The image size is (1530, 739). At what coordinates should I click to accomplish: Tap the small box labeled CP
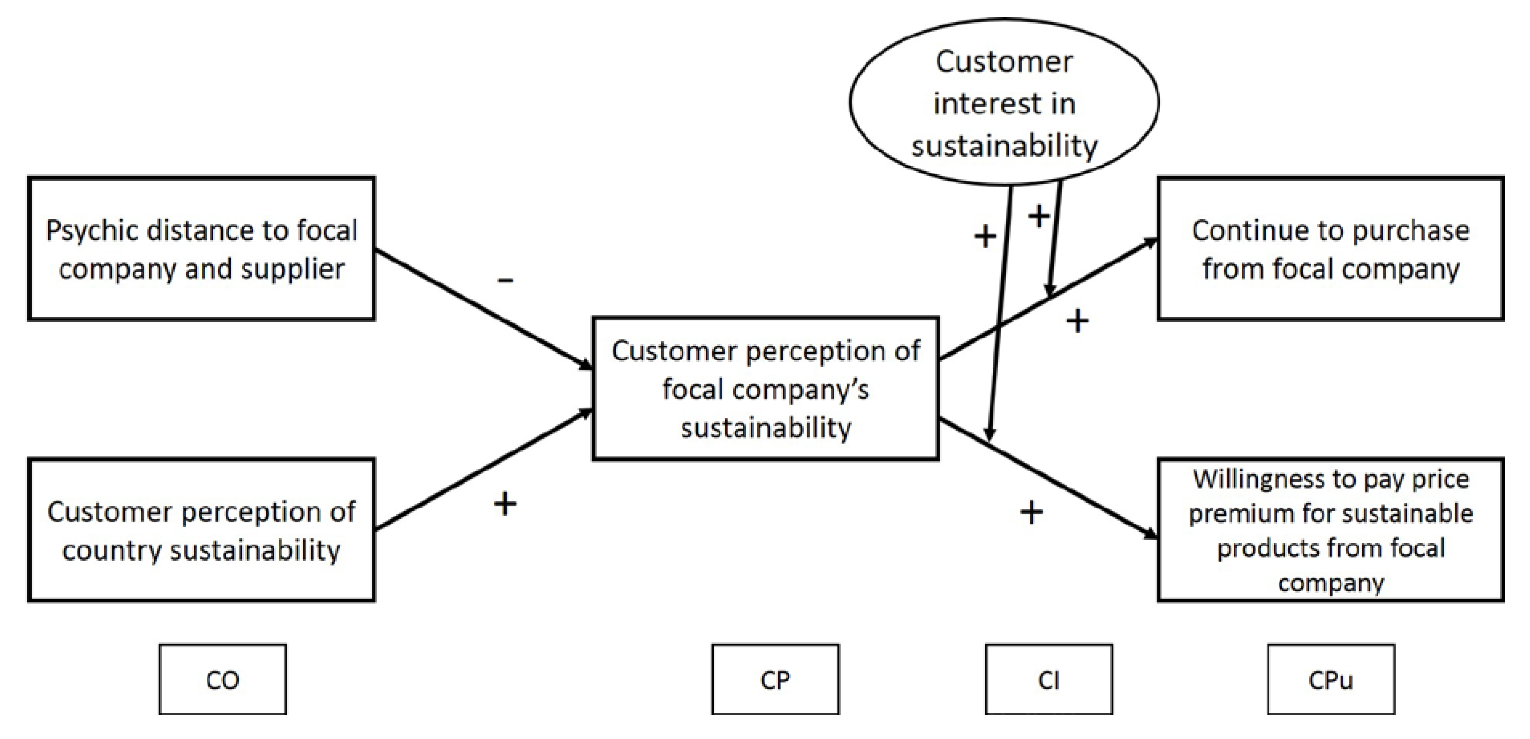coord(775,679)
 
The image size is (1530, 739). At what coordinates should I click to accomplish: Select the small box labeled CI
coord(1048,679)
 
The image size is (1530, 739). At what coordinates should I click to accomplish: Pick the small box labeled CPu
coord(1330,679)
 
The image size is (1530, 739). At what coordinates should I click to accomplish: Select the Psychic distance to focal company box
coord(202,248)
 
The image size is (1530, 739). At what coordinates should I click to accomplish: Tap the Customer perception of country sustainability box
coord(202,530)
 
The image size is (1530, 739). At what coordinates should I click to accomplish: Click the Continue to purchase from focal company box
coord(1330,248)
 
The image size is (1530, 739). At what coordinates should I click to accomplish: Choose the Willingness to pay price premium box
coord(1330,530)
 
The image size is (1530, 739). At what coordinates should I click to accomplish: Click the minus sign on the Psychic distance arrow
coord(505,280)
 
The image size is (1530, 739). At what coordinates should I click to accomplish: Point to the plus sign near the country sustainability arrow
coord(505,504)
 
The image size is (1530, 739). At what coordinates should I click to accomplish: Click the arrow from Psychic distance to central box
coord(484,309)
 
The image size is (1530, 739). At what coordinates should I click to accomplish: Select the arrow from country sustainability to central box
coord(484,469)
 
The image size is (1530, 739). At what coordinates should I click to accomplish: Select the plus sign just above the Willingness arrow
coord(1031,512)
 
